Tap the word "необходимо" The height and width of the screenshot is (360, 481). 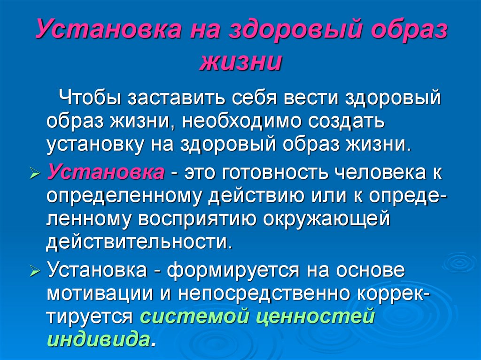241,121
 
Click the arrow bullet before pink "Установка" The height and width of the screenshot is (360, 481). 34,173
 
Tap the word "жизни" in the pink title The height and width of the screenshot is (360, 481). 240,62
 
